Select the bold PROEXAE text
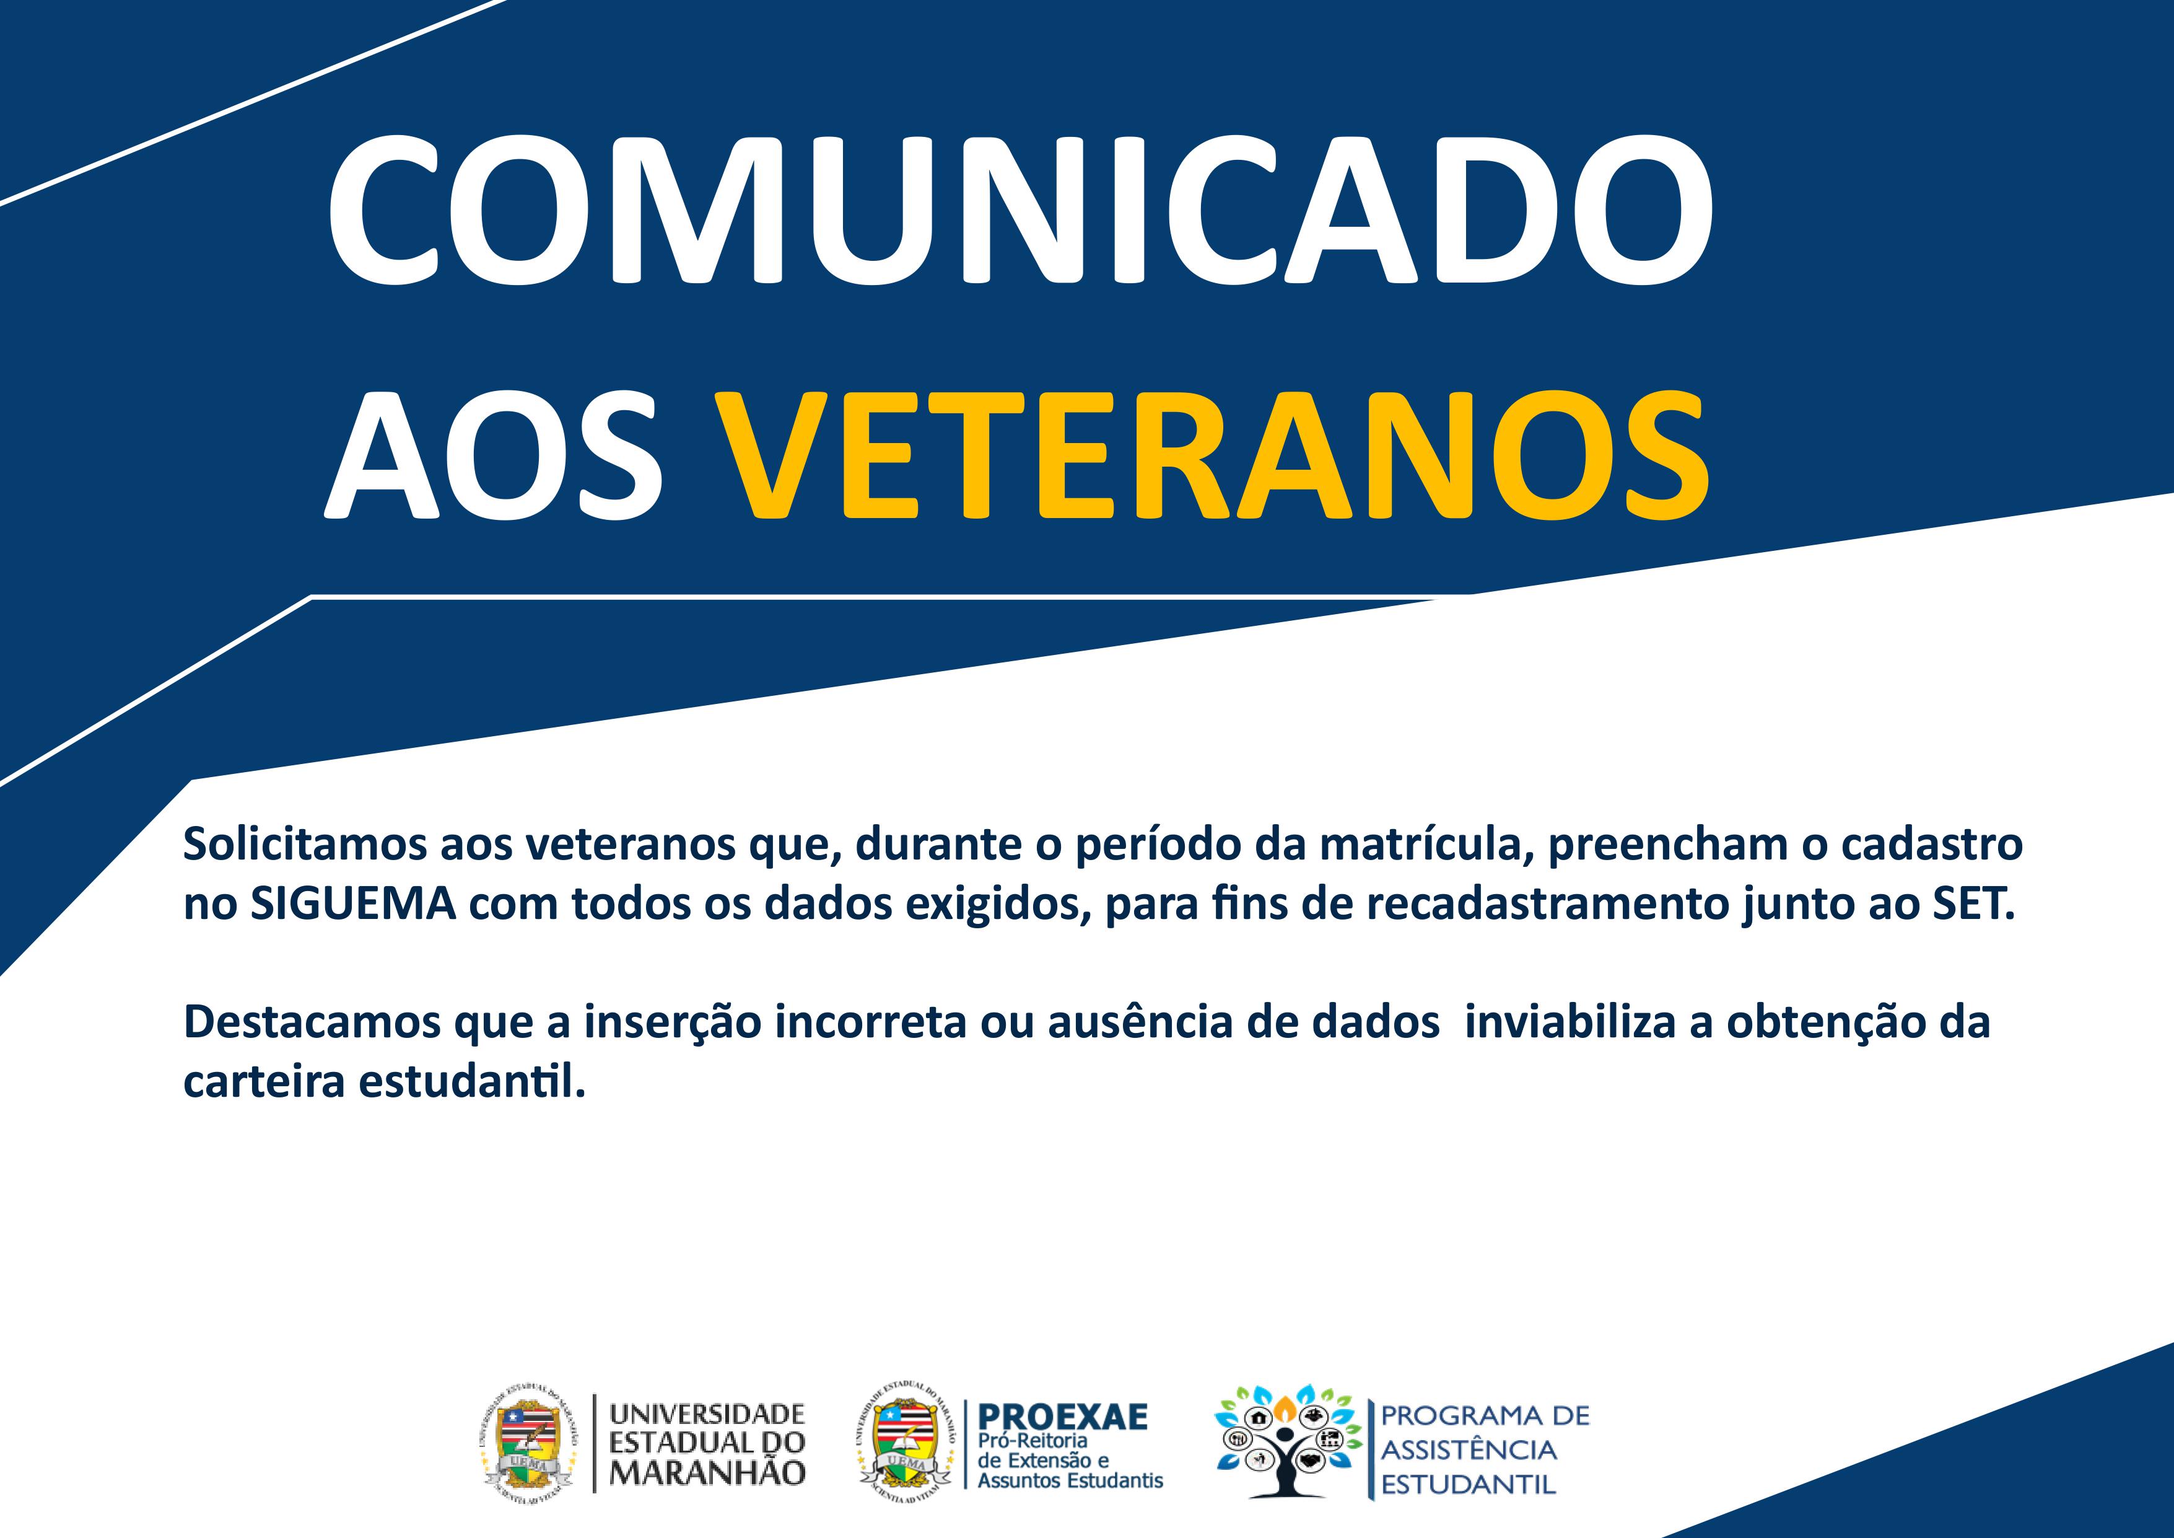tap(1062, 1417)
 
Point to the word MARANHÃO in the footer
tap(706, 1473)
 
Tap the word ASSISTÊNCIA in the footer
tap(1469, 1449)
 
